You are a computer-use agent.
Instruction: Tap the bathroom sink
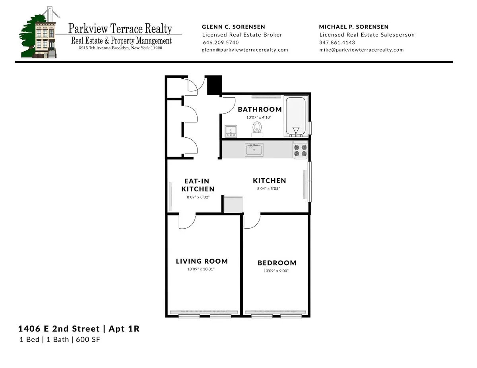coord(231,131)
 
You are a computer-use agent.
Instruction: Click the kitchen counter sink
coord(254,150)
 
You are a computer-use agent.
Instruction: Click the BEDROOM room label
coord(277,263)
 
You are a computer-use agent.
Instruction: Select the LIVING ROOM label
coord(202,261)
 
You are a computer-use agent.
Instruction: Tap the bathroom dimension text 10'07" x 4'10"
coord(258,118)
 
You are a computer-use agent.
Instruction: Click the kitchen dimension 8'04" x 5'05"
coord(269,189)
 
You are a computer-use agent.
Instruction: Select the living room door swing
coord(187,222)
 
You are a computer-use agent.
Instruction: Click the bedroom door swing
coord(252,222)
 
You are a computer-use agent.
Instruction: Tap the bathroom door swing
coord(228,105)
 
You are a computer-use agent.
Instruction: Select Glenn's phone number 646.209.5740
coord(221,42)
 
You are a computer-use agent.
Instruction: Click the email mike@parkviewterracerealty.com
coord(361,50)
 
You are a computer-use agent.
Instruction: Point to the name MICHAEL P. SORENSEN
coord(354,27)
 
